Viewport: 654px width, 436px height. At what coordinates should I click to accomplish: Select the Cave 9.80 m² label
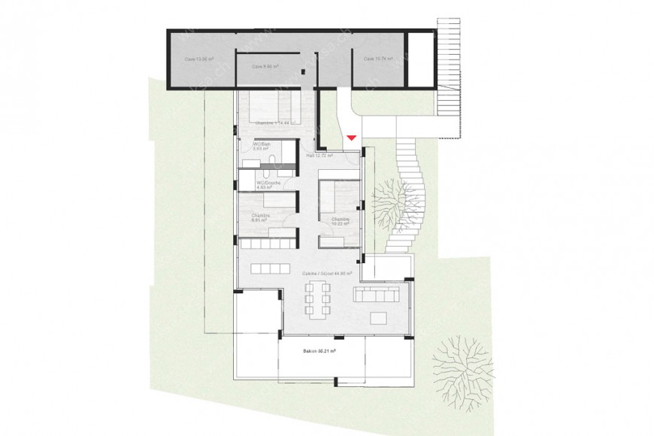[x=265, y=66]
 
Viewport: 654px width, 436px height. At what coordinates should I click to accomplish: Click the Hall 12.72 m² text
[x=321, y=156]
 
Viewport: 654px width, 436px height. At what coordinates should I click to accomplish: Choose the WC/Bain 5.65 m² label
[x=262, y=146]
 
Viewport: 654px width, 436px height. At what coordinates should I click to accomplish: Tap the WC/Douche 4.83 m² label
[x=267, y=185]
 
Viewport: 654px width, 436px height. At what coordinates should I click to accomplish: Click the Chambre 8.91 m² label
[x=261, y=217]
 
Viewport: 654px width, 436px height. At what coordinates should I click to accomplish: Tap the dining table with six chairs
[x=316, y=304]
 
